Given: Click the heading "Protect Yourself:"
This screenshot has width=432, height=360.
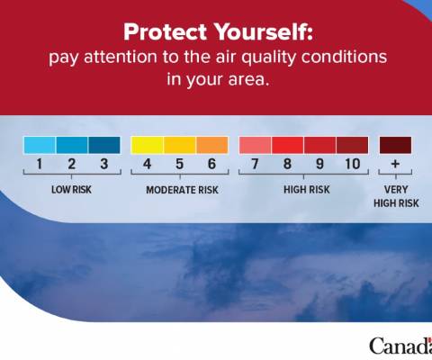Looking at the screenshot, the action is coord(218,31).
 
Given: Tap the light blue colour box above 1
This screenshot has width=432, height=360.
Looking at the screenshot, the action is coord(40,145).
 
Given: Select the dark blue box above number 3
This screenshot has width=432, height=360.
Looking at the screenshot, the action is coord(104,145).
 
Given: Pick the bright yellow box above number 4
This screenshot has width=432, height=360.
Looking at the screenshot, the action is coord(147,145).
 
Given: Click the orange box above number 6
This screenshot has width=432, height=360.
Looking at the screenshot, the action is coord(212,145).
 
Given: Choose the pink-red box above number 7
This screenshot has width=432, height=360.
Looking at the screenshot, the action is coord(255,145).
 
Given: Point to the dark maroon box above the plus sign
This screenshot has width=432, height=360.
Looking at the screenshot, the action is coord(395,145).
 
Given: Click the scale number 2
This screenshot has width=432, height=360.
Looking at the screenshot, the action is coord(72,164).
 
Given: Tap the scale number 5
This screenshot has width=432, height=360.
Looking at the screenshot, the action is coord(179,164).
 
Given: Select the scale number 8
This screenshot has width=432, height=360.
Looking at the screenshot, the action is coord(287,164).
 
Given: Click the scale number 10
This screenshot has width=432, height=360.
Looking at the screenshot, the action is coord(352,164).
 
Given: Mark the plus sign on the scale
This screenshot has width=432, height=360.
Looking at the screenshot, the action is coord(395,164).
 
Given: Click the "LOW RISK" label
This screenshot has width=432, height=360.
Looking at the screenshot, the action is coord(71,190).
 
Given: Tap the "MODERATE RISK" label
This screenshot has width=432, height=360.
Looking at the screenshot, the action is coord(182,190).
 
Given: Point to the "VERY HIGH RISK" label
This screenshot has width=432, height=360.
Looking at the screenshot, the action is coord(396,196).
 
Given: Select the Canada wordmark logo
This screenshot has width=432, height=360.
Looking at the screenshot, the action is coord(400,346).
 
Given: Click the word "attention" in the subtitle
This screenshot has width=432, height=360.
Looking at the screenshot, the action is coord(121,57).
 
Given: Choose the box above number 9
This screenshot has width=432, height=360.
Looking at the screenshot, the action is coord(319,145).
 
